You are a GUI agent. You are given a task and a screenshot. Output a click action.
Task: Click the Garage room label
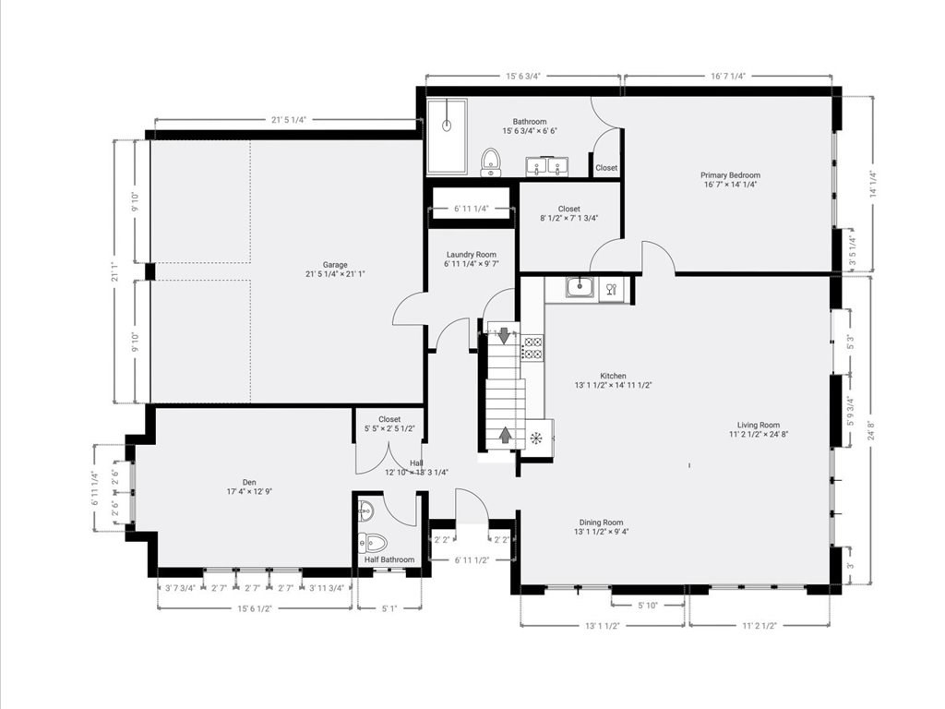(x=335, y=265)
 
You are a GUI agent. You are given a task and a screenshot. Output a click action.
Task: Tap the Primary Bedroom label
(x=730, y=175)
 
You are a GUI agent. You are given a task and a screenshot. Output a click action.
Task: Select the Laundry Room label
(x=472, y=255)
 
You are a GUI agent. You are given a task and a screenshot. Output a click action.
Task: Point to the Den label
(x=249, y=482)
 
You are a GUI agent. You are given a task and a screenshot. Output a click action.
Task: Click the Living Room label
(x=759, y=425)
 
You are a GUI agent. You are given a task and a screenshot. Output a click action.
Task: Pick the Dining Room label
(x=601, y=523)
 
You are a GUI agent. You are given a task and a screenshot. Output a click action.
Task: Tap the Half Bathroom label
(x=389, y=559)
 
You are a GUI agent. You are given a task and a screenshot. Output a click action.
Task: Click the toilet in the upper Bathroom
(x=491, y=162)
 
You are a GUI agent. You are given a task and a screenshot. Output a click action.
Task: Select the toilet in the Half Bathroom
(x=373, y=543)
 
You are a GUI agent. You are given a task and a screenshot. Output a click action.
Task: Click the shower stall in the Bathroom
(x=447, y=137)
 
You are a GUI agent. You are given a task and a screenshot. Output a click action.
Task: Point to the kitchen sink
(x=580, y=287)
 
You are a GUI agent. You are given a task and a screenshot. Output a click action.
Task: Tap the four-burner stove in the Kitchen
(x=532, y=348)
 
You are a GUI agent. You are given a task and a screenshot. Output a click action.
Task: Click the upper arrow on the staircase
(x=503, y=335)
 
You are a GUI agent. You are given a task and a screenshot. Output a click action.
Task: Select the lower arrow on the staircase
(x=505, y=435)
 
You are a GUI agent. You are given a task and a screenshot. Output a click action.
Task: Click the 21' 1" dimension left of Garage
(x=120, y=271)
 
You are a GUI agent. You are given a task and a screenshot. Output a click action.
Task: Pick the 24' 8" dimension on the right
(x=869, y=430)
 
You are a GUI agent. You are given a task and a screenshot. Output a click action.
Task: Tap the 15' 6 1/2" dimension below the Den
(x=255, y=608)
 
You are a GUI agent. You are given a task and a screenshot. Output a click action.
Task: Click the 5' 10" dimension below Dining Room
(x=647, y=606)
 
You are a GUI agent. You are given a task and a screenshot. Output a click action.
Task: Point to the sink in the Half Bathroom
(x=365, y=511)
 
